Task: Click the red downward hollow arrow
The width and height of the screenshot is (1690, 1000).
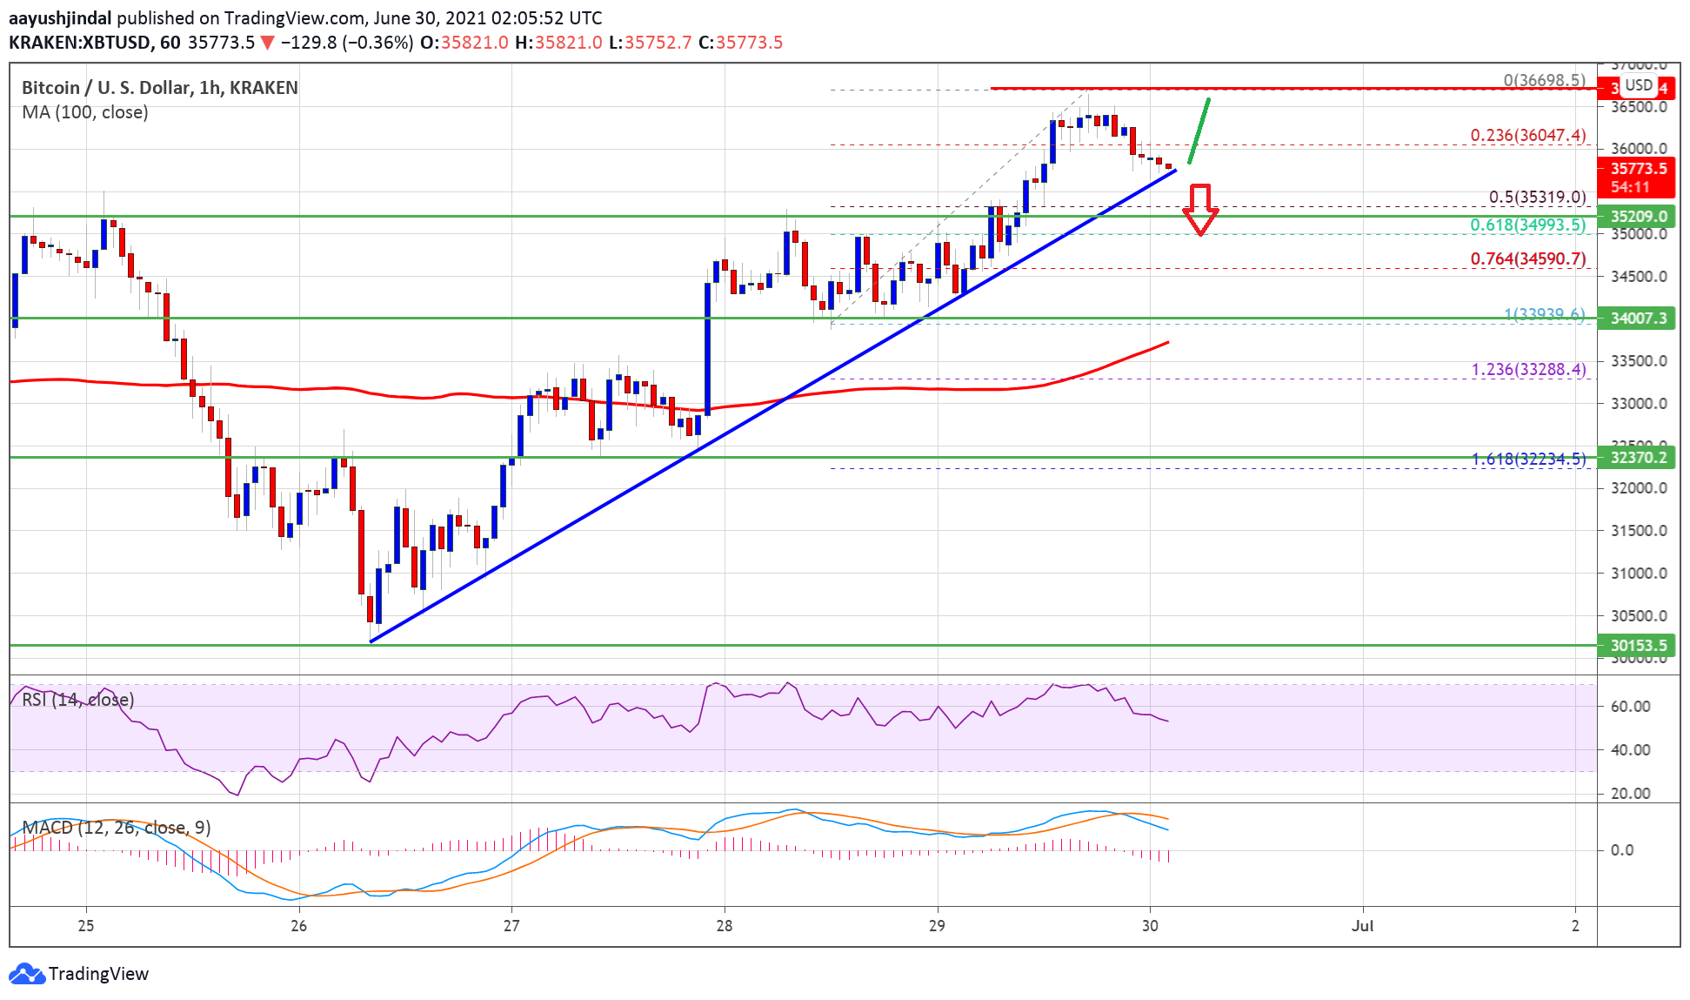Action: pos(1200,210)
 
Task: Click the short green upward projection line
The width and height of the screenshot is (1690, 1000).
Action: pos(1199,131)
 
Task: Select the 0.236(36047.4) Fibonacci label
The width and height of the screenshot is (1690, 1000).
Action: pos(1527,136)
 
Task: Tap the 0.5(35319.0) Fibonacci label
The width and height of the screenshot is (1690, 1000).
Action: pos(1537,198)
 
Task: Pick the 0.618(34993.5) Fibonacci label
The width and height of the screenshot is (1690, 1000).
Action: pos(1527,225)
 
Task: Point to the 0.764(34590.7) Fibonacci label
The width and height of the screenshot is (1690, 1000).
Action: pos(1527,259)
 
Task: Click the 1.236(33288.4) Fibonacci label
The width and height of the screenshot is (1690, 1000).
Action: pos(1528,370)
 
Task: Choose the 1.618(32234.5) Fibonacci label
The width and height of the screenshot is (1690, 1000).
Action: pos(1528,459)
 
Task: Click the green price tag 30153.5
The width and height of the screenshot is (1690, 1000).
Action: pos(1638,646)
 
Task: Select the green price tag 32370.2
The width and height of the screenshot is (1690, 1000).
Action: pos(1638,458)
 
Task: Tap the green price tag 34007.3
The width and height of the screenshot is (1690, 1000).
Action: pos(1638,319)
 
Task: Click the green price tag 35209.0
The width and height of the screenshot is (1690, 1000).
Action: pos(1638,217)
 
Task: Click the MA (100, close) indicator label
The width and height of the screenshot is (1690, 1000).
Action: pos(85,112)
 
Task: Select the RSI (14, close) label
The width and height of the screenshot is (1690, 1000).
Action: pos(78,700)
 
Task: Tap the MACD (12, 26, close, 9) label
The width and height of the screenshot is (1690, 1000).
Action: pos(117,828)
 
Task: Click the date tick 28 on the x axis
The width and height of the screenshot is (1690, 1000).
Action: pos(725,926)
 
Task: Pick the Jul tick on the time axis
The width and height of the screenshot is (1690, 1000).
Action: pos(1362,926)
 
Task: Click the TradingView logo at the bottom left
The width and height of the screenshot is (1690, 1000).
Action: pos(79,973)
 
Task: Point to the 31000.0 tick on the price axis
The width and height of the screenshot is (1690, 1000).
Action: pos(1639,574)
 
